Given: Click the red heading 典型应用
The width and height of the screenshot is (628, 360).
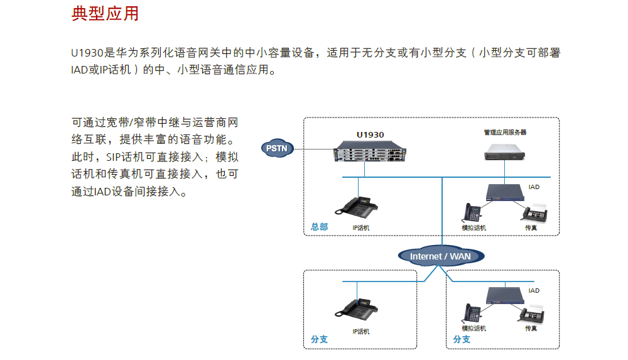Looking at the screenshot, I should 105,13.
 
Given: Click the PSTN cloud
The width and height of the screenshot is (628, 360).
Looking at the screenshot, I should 276,149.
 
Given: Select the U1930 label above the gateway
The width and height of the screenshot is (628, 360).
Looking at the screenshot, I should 370,134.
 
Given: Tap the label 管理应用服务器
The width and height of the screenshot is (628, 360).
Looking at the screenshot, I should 505,133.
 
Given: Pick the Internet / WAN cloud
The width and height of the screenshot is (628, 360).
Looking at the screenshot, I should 440,256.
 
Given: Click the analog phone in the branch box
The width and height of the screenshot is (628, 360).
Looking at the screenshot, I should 472,313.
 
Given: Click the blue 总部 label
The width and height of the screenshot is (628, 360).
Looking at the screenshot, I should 319,227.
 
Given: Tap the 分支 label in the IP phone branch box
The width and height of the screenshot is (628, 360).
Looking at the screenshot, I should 319,339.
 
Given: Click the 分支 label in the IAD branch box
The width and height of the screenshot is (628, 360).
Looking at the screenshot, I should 462,339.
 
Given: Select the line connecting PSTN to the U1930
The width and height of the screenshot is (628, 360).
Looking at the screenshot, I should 314,150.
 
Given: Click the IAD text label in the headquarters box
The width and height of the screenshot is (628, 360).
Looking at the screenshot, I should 534,187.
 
